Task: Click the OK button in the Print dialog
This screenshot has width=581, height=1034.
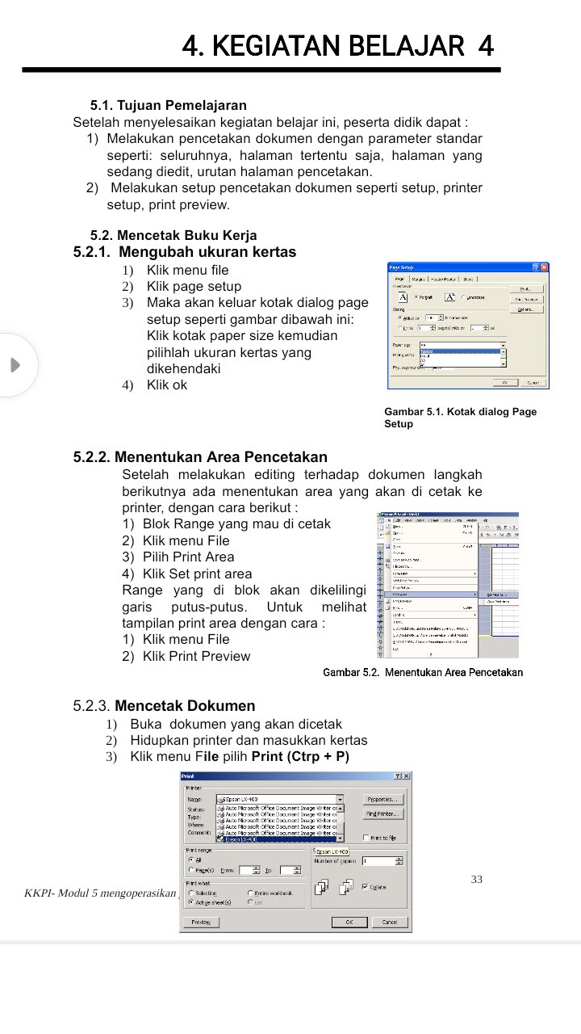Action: (349, 922)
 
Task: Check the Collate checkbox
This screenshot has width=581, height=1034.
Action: (365, 886)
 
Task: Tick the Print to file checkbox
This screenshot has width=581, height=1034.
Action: (366, 838)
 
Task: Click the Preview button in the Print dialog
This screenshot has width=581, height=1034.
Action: (200, 922)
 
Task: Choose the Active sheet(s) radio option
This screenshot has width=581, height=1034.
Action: (190, 902)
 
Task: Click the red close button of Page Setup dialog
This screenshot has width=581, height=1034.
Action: (544, 267)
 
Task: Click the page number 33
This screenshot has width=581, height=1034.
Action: (477, 879)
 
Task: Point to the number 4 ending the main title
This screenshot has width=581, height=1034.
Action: (485, 45)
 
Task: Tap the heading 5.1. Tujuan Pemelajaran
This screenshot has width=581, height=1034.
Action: (169, 105)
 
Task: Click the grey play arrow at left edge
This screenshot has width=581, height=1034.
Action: (15, 365)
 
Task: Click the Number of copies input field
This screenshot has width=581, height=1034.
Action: (381, 861)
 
